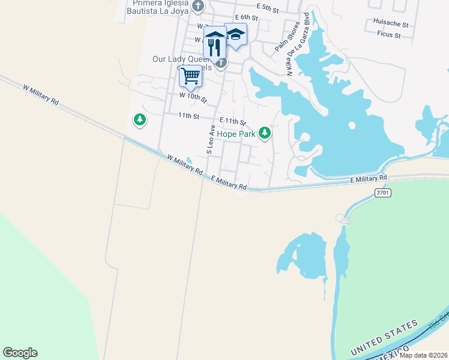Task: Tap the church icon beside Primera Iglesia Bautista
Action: (x=199, y=7)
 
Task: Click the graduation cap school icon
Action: (x=236, y=35)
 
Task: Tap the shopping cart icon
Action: (x=190, y=76)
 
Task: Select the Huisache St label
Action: (x=390, y=25)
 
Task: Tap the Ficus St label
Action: (x=390, y=35)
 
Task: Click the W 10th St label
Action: (x=193, y=97)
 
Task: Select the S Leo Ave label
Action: (x=210, y=140)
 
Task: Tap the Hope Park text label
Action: (x=237, y=134)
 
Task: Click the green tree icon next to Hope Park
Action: (x=264, y=134)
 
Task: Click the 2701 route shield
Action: (x=382, y=193)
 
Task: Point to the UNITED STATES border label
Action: (x=384, y=338)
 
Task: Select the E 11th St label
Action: (x=233, y=122)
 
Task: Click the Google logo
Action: (x=20, y=353)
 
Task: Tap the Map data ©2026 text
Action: (x=423, y=355)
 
